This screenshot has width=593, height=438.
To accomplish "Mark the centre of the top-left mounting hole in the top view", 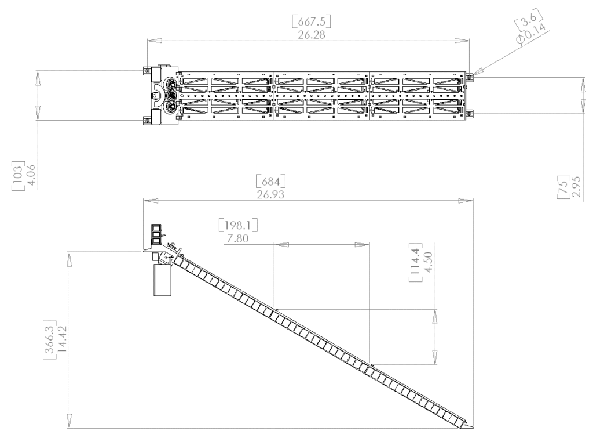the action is (x=146, y=70).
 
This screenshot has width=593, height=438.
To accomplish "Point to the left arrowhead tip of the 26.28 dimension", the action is (x=147, y=40).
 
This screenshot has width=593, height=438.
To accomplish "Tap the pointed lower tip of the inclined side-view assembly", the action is (x=473, y=428).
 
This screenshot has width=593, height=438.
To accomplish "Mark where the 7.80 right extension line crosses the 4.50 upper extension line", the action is (x=369, y=309).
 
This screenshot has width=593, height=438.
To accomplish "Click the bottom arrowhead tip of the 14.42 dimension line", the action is (x=69, y=429).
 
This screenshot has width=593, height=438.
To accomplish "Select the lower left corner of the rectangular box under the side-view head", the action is (x=154, y=295).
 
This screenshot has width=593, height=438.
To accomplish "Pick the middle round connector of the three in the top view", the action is (x=173, y=95).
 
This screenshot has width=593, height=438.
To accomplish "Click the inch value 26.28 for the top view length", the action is (x=311, y=35).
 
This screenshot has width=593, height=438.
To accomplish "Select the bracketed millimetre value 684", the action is (x=271, y=182).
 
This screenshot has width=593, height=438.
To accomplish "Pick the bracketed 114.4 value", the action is (x=416, y=263).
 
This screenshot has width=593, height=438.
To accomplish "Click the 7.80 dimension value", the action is (x=238, y=238).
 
